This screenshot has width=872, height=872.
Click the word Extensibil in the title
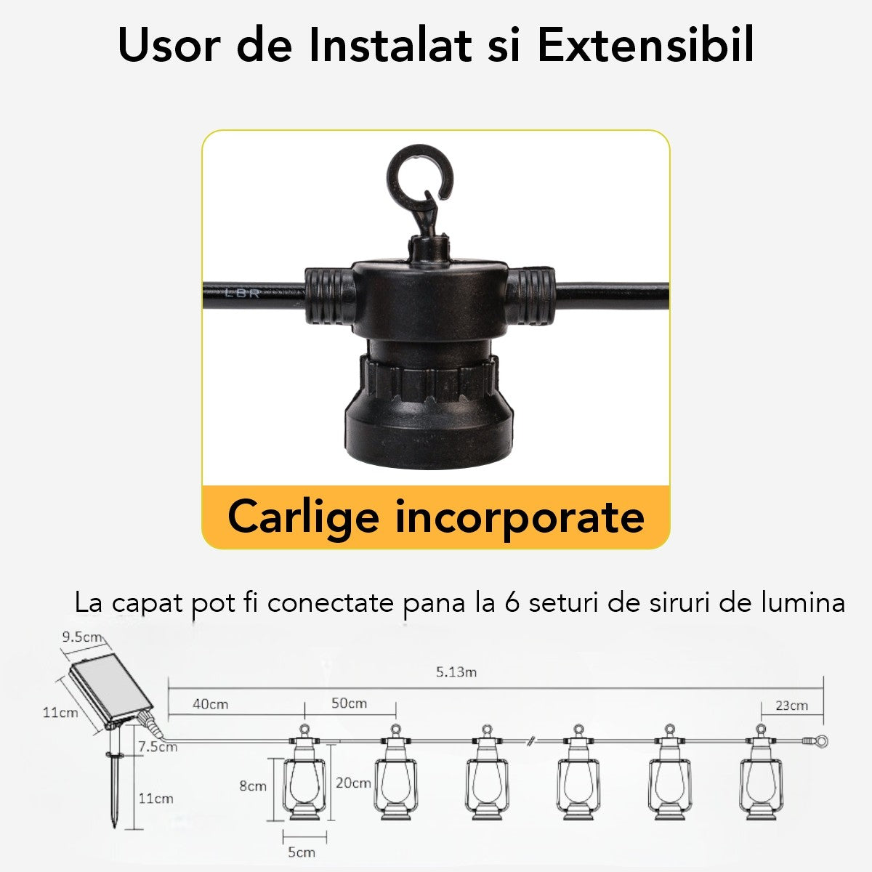pos(646,46)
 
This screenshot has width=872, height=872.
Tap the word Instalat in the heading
pos(389,46)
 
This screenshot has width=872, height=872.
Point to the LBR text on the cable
pos(242,294)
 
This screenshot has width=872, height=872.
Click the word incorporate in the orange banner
pos(520,517)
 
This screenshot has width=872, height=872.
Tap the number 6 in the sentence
pos(512,602)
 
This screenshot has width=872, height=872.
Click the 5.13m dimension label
pos(456,671)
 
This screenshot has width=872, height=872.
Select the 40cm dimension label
pos(211,703)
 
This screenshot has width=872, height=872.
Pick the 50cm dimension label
pos(349,703)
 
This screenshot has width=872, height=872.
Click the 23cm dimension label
pos(791,705)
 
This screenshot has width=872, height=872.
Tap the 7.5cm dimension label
pos(158,746)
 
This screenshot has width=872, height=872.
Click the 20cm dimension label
pos(353,783)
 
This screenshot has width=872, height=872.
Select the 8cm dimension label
pos(252,786)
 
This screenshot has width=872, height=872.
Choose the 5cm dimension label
pos(302,852)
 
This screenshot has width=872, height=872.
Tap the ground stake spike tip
pos(114,826)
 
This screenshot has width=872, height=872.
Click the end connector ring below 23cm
pos(822,742)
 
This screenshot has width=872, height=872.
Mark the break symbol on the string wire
pos(532,741)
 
